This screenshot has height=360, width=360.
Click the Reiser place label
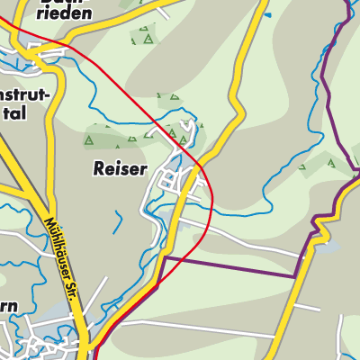(x=118, y=168)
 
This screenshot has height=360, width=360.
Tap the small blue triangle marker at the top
(x=266, y=15)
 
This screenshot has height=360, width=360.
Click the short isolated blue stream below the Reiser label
(x=118, y=221)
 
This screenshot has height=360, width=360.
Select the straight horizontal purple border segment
(x=229, y=267)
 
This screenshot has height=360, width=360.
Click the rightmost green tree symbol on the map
(x=330, y=163)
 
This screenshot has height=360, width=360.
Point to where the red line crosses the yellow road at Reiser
(x=199, y=166)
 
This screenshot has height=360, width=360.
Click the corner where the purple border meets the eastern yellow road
(x=297, y=277)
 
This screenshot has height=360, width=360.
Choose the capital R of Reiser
(x=97, y=168)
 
